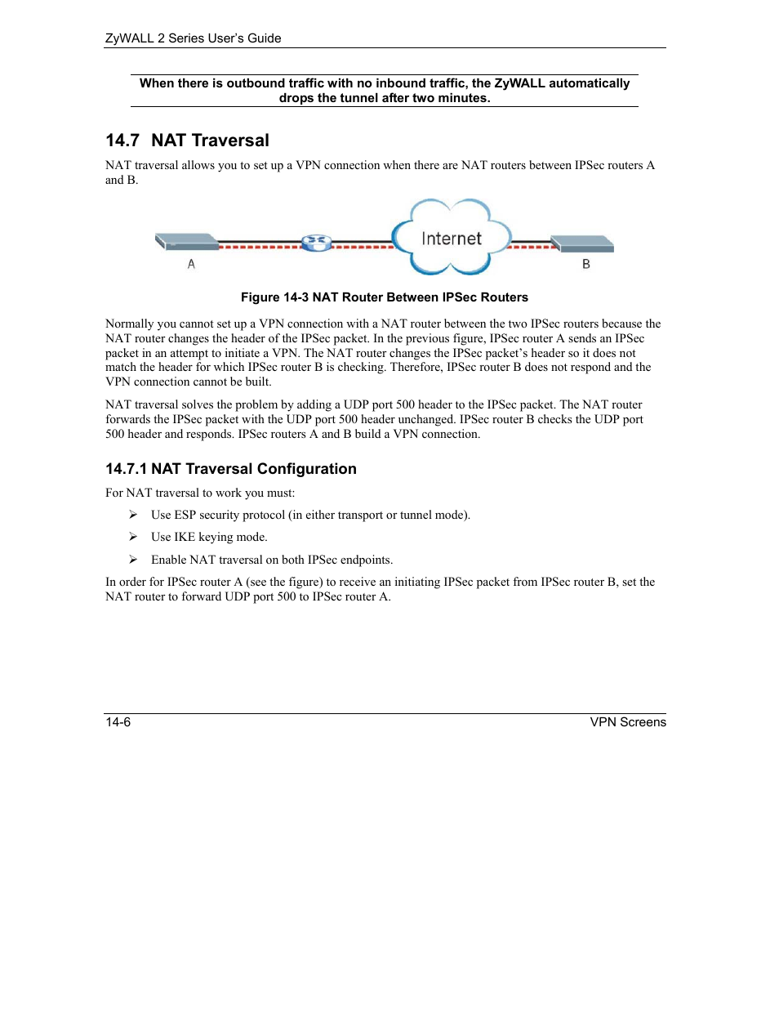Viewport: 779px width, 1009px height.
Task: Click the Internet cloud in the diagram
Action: click(x=451, y=238)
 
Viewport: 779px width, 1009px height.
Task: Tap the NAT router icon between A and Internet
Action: click(x=316, y=243)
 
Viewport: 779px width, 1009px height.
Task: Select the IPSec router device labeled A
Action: click(x=187, y=242)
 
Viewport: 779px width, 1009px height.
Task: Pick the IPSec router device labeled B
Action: click(x=583, y=243)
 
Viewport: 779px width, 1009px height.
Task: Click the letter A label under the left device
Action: click(x=191, y=264)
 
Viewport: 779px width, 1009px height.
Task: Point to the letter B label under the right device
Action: click(x=585, y=264)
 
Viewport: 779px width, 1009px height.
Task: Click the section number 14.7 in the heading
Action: click(x=122, y=141)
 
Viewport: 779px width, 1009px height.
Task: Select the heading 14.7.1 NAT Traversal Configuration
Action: click(x=231, y=469)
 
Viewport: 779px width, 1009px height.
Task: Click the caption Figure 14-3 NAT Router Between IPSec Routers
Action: click(x=384, y=297)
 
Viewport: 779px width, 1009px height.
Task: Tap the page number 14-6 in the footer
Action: click(x=118, y=722)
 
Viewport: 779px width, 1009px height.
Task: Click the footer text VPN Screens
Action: click(x=628, y=722)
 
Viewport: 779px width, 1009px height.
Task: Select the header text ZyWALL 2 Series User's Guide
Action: click(x=194, y=38)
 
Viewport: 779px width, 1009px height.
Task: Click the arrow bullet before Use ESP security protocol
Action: click(x=133, y=515)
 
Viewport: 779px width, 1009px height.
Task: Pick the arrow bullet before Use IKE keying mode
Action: click(x=133, y=537)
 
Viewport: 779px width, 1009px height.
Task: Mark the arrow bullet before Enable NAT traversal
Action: click(x=133, y=560)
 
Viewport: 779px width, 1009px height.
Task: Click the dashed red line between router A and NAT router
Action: click(x=260, y=245)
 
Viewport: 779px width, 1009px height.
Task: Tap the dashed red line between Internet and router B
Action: click(x=531, y=245)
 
